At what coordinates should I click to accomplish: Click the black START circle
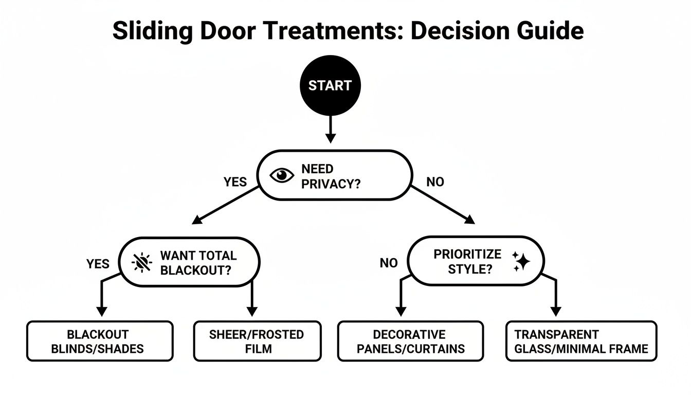[330, 85]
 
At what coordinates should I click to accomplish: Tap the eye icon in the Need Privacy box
[281, 175]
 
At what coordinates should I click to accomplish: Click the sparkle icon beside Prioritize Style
[522, 262]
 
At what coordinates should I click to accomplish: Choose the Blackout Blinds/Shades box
[100, 341]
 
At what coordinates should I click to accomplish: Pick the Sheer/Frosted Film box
[257, 341]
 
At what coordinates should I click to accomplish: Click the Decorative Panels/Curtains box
[410, 341]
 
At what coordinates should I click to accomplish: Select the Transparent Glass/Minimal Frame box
[581, 341]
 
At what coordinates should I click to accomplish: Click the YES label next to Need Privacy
[235, 182]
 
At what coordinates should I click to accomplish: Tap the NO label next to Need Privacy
[435, 182]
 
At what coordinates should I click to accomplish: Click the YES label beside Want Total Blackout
[98, 264]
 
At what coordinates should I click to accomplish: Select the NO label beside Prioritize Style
[389, 263]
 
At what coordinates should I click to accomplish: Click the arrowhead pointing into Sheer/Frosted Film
[251, 312]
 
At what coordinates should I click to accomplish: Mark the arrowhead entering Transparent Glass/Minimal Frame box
[556, 312]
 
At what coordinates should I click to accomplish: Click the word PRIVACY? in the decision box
[331, 184]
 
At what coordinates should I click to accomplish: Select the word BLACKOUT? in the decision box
[196, 270]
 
